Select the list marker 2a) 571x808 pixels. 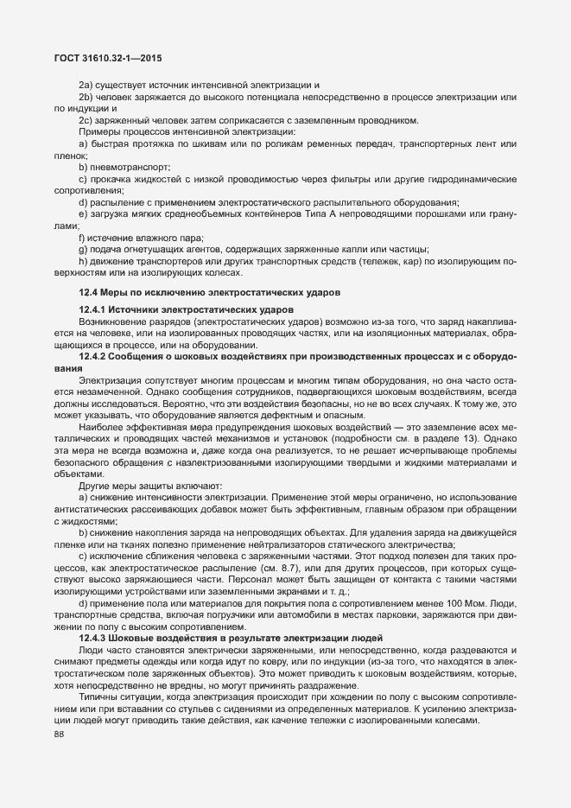(x=86, y=85)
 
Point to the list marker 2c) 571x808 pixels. (x=86, y=119)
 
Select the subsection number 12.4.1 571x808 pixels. (x=94, y=309)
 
